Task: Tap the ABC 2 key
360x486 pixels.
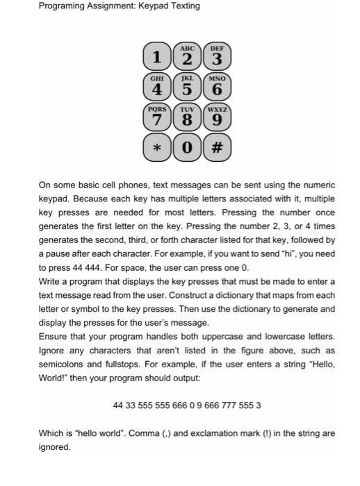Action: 186,53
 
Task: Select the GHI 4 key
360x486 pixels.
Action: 158,87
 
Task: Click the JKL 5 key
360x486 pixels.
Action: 186,87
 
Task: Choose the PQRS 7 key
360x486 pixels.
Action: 158,117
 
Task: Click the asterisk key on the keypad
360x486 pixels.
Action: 158,149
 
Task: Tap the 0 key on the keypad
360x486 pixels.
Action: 186,149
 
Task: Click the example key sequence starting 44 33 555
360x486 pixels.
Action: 187,405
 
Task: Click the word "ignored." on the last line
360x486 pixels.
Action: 54,447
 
